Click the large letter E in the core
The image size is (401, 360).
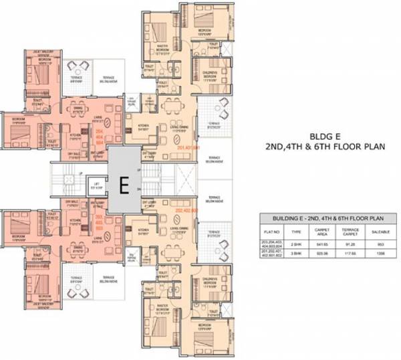point(123,186)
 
